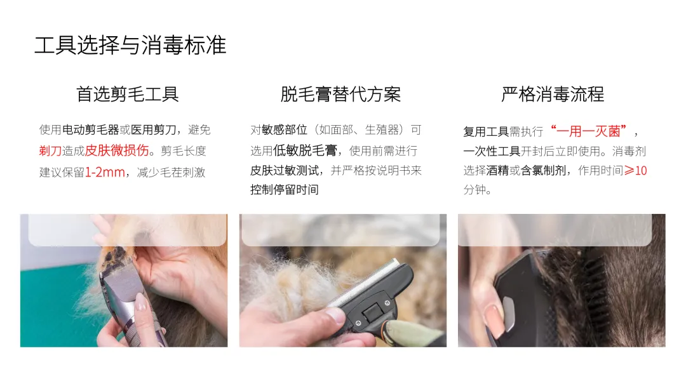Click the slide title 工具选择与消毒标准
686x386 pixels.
(130, 46)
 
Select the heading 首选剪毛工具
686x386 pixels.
(127, 95)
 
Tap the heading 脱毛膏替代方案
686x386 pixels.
(340, 95)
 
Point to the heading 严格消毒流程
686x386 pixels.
(553, 95)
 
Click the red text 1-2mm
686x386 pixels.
(105, 172)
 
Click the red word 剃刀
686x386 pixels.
(50, 151)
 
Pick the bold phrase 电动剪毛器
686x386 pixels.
(91, 130)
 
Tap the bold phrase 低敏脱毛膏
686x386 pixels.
(305, 151)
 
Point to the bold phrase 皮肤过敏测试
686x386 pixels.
(285, 170)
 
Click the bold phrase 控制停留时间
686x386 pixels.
(285, 189)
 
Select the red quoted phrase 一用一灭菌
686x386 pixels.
(589, 131)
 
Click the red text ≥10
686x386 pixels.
(635, 170)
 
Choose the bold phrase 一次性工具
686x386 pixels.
(492, 151)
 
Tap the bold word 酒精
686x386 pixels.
(497, 170)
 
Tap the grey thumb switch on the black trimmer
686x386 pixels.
(509, 314)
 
